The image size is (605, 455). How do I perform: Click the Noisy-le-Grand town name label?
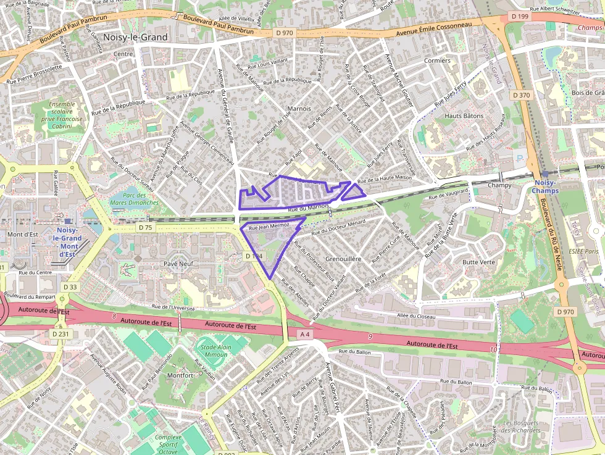coord(136,37)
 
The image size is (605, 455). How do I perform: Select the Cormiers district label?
coord(438,61)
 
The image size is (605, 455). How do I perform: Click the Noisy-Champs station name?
coord(546,186)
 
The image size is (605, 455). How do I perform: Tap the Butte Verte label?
coord(479,262)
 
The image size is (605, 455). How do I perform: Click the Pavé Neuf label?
coord(178,264)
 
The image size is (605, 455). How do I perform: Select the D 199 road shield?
coord(520,15)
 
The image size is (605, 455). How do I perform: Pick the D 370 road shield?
coord(521,95)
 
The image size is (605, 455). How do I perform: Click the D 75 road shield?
coord(145,228)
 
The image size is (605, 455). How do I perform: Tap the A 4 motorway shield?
coord(304,334)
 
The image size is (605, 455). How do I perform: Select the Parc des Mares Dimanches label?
coord(135,199)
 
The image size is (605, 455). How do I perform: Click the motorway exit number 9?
coord(370,336)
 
